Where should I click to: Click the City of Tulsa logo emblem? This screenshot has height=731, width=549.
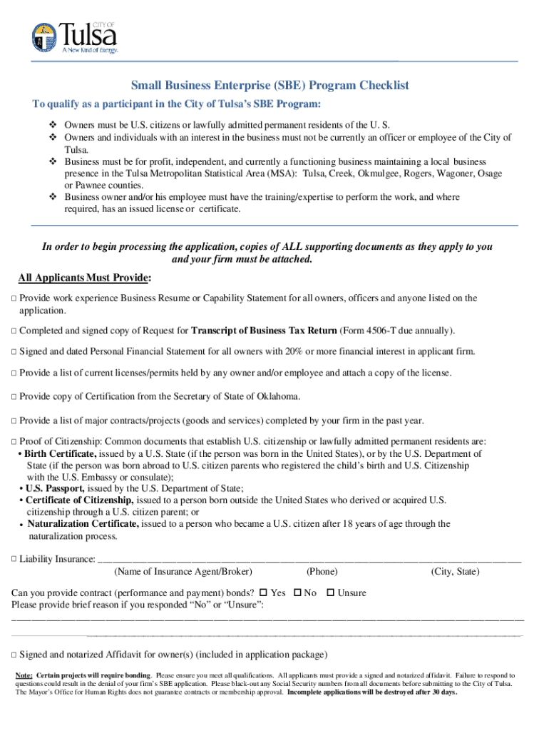click(x=43, y=37)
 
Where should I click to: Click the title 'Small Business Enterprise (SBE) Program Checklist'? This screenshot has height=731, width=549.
click(x=270, y=86)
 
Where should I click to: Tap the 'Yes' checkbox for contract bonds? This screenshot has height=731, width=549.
click(x=263, y=593)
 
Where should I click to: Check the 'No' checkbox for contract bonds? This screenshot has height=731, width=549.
click(x=297, y=593)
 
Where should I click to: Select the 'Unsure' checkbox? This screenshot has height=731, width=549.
click(x=330, y=593)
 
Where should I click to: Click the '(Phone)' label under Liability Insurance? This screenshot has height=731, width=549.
click(x=322, y=572)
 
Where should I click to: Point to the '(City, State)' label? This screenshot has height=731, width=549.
click(x=455, y=572)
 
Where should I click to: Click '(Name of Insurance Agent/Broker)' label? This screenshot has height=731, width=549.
click(x=183, y=572)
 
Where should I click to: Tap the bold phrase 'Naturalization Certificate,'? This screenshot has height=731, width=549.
click(x=83, y=524)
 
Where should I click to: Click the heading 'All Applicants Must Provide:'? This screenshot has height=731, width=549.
click(x=84, y=277)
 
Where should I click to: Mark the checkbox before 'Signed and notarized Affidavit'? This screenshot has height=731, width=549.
click(x=14, y=655)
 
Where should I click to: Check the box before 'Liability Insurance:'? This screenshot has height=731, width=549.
click(x=14, y=559)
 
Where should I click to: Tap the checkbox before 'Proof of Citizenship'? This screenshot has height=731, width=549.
click(x=14, y=442)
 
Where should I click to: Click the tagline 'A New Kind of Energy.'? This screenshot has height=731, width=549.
click(x=88, y=51)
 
